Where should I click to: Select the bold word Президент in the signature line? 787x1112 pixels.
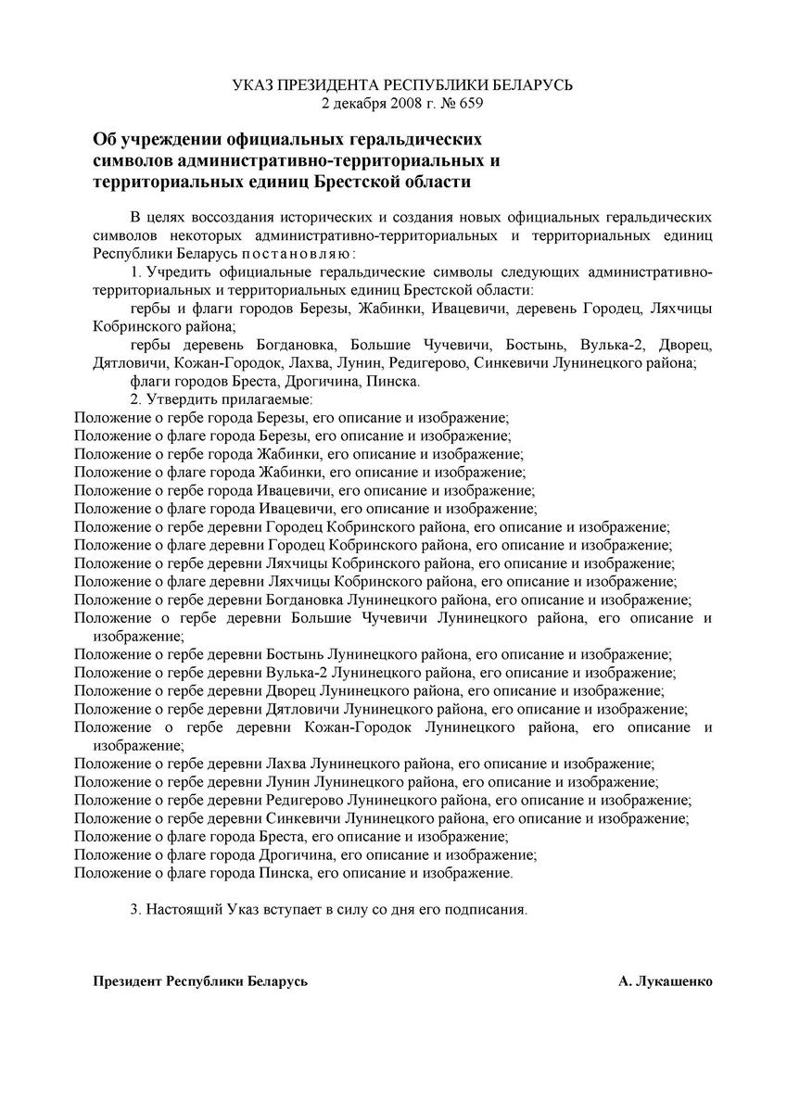[x=127, y=980]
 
